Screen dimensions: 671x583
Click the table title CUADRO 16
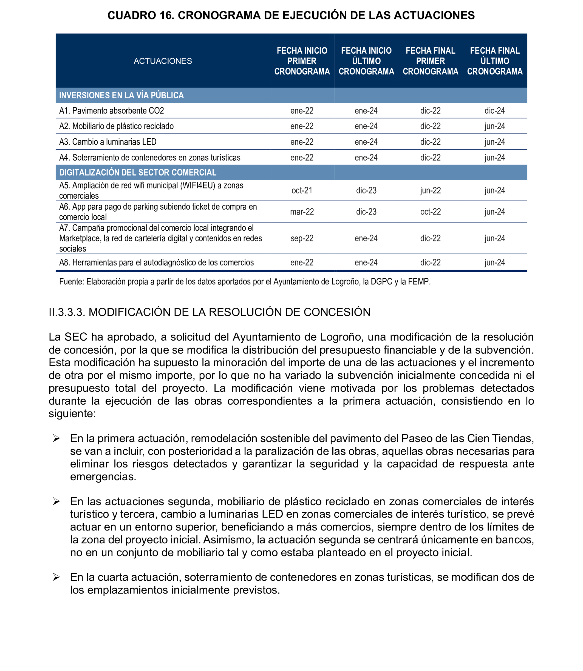[291, 15]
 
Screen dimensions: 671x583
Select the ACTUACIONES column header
[163, 61]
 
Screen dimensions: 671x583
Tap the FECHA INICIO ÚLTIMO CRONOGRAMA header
[366, 61]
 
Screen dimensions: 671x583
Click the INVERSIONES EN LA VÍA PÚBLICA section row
[121, 95]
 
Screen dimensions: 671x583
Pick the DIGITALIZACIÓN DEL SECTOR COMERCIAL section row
[138, 172]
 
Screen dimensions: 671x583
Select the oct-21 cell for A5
[302, 190]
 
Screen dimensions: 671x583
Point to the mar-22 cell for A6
[302, 212]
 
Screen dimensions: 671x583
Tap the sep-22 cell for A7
[302, 238]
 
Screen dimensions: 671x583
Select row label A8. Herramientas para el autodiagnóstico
[156, 262]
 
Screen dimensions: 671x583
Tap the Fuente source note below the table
[245, 282]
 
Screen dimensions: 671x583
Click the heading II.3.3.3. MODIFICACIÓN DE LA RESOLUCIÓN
[210, 312]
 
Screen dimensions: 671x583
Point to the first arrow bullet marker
[56, 439]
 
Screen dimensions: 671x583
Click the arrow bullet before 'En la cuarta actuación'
[56, 577]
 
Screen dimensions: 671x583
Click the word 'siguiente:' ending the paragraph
[72, 413]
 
